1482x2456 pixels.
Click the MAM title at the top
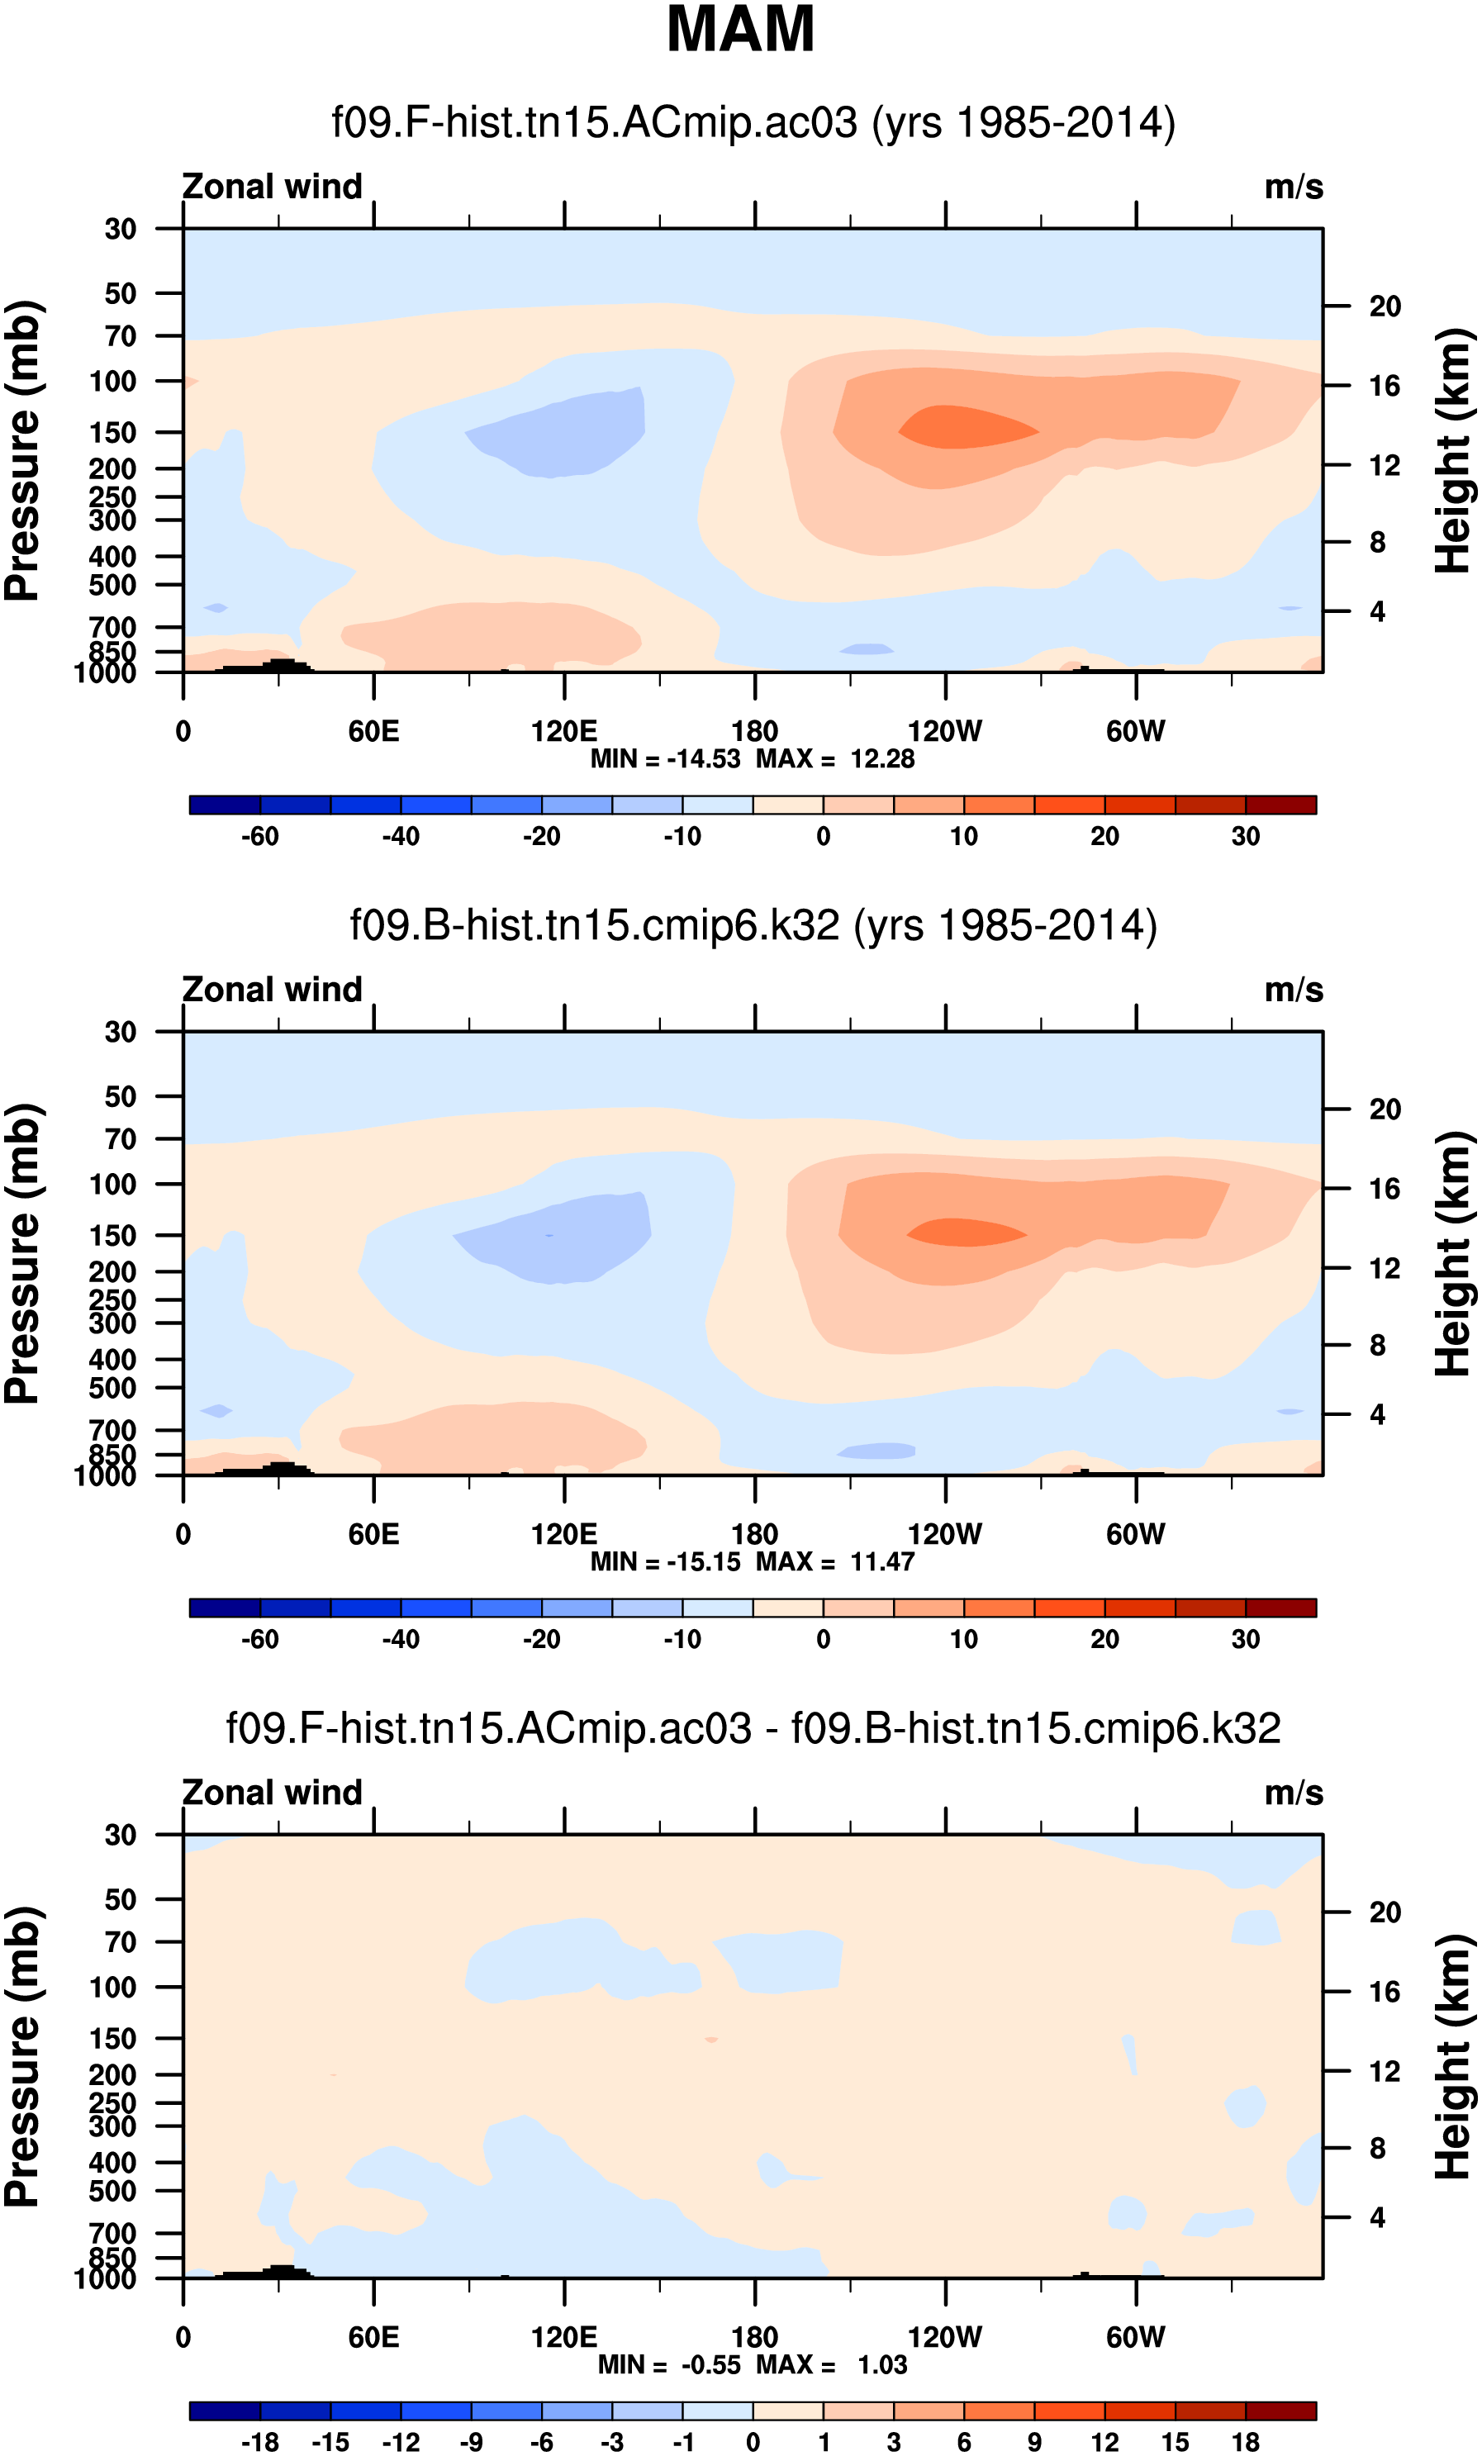(739, 30)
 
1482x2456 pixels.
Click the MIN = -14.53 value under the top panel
(665, 758)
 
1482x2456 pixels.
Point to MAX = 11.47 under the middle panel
(834, 1562)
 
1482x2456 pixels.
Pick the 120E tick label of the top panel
(564, 732)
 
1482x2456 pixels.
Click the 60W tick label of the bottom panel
(1135, 2337)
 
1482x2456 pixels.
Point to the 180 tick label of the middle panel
(754, 1534)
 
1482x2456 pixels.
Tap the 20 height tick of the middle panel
(1385, 1109)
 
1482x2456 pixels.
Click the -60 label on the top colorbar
(259, 836)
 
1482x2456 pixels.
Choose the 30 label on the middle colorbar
(1245, 1640)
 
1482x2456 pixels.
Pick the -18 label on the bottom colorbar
(259, 2442)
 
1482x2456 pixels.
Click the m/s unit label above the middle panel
(1294, 990)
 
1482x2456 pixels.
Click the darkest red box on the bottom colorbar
(1280, 2410)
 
